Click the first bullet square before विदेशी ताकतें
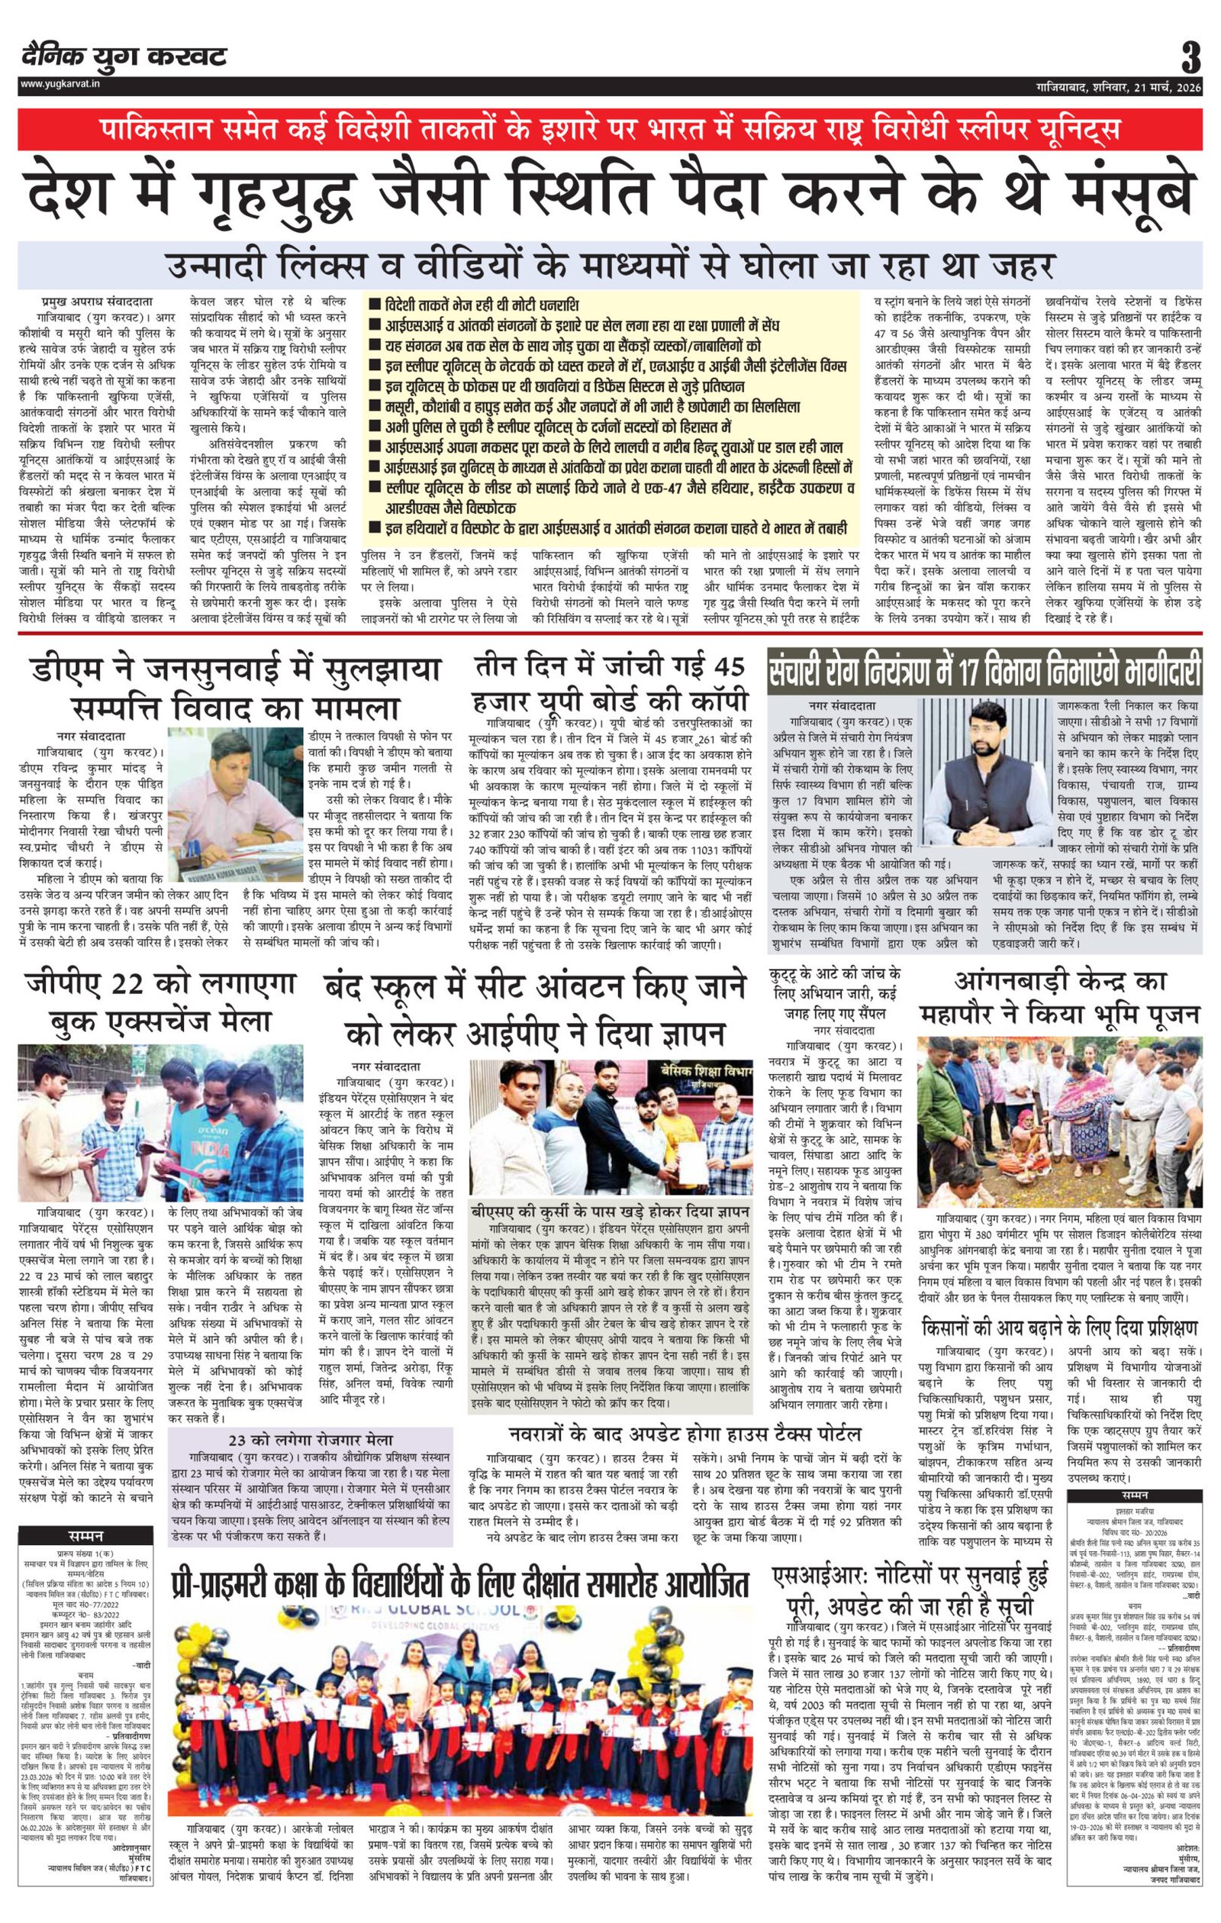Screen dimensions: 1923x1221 pos(374,306)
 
